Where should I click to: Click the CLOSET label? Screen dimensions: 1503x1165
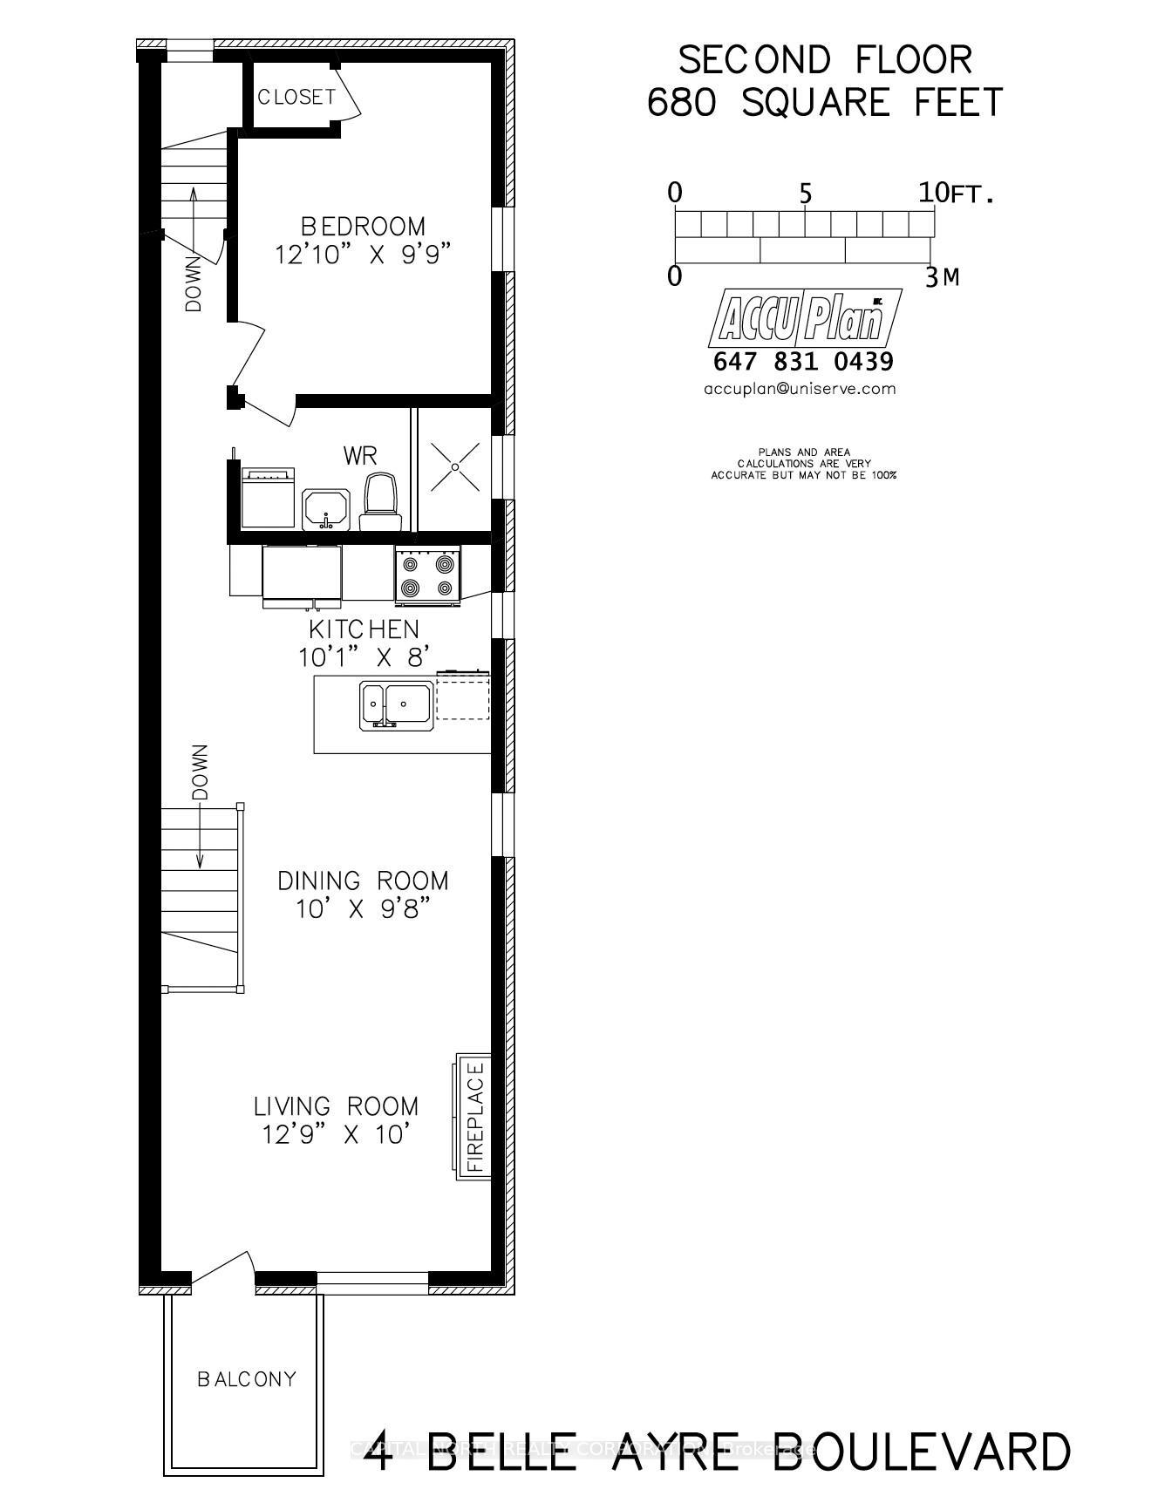pyautogui.click(x=296, y=97)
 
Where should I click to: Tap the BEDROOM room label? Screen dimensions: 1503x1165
pyautogui.click(x=364, y=227)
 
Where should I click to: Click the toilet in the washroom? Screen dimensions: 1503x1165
pyautogui.click(x=381, y=503)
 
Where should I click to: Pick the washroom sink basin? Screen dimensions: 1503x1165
pyautogui.click(x=326, y=508)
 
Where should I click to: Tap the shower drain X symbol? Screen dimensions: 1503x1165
pyautogui.click(x=455, y=467)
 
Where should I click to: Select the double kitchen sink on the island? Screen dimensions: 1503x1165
pyautogui.click(x=396, y=704)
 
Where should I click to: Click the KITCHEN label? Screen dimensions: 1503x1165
pyautogui.click(x=364, y=629)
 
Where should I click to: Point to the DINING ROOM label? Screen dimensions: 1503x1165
pyautogui.click(x=363, y=881)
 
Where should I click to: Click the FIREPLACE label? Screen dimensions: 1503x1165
pyautogui.click(x=475, y=1117)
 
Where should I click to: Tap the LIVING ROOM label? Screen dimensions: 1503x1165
pyautogui.click(x=336, y=1106)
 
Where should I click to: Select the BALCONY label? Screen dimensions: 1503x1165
pyautogui.click(x=247, y=1379)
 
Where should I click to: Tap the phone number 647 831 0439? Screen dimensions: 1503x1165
pyautogui.click(x=803, y=361)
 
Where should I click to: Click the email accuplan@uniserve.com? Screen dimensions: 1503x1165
pyautogui.click(x=800, y=389)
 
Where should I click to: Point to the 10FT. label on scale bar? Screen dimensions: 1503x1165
pyautogui.click(x=955, y=193)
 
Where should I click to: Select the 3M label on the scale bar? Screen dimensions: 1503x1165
pyautogui.click(x=942, y=277)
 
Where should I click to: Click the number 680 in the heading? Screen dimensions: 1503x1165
pyautogui.click(x=682, y=103)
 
